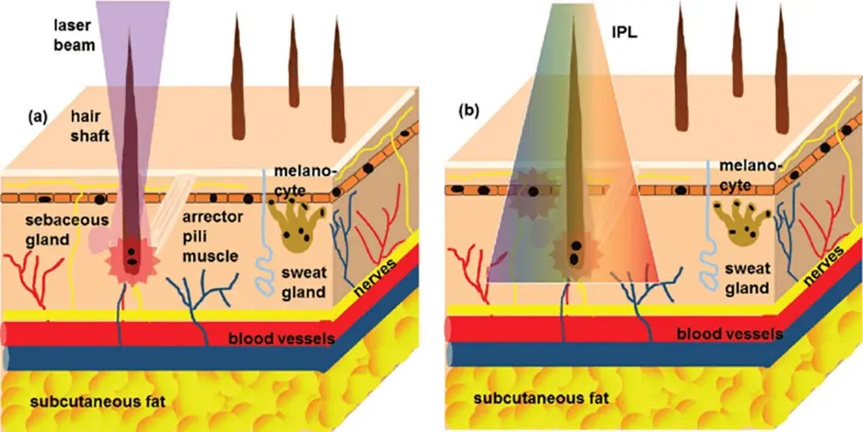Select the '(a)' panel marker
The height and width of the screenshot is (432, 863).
36,114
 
